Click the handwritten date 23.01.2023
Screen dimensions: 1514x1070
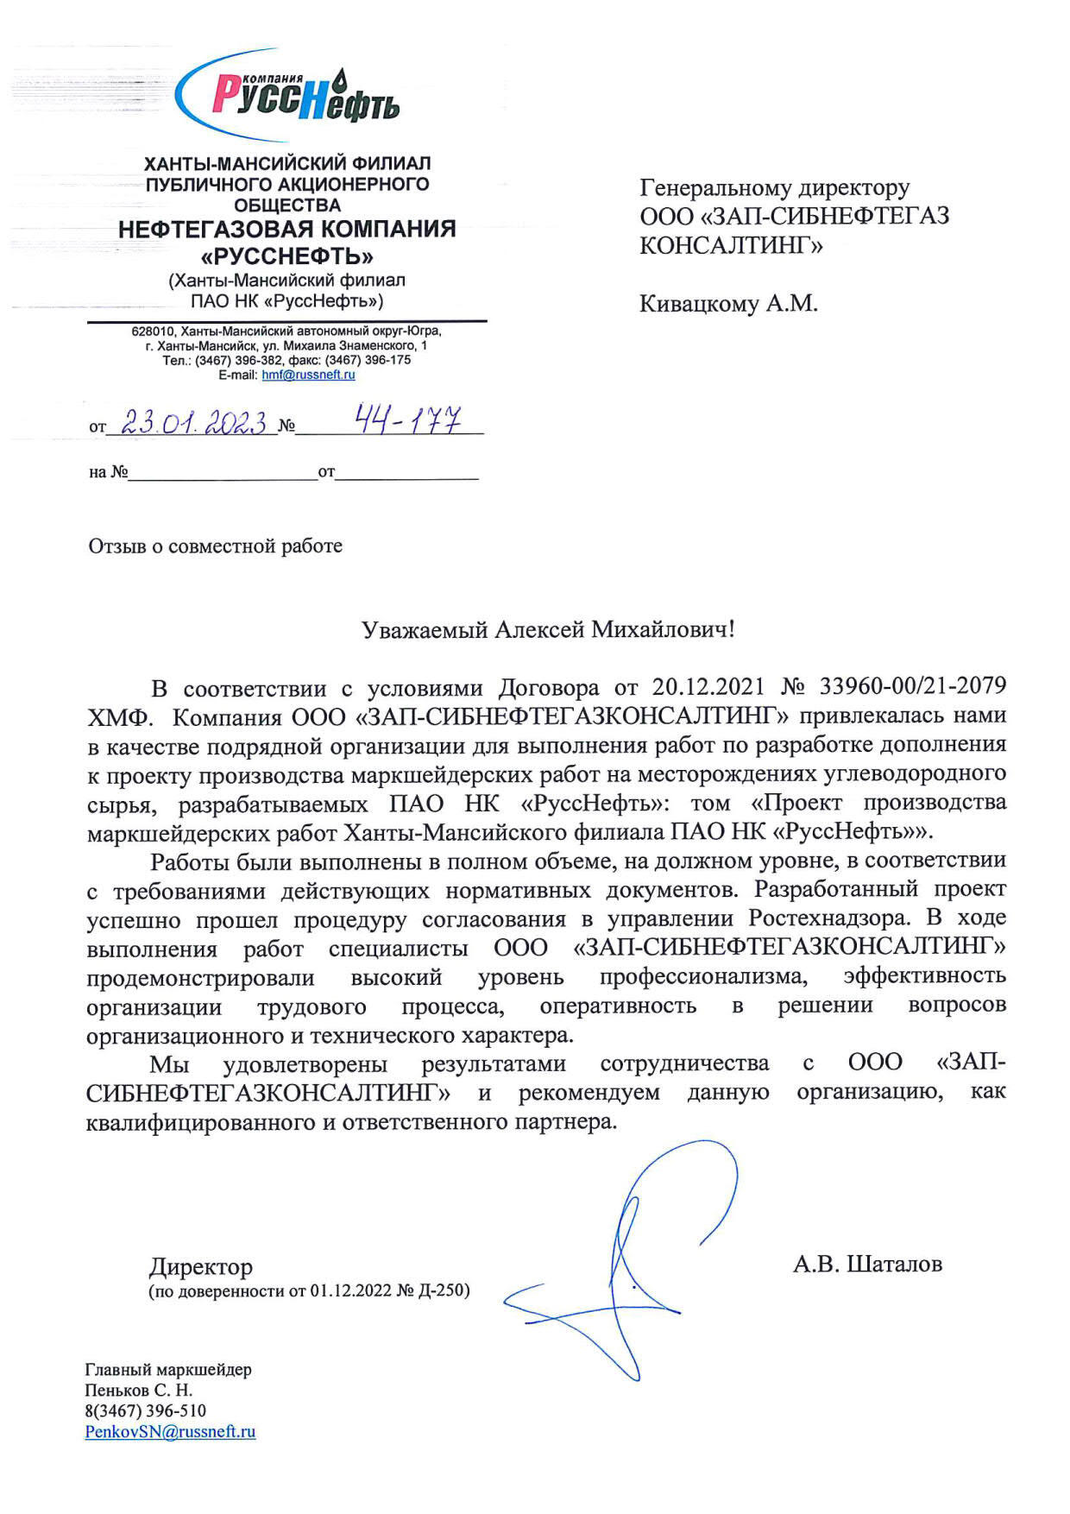[x=193, y=422]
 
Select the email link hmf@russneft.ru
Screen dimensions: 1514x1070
[x=308, y=375]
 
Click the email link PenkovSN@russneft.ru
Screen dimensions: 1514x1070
[x=170, y=1431]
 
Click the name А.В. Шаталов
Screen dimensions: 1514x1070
[x=867, y=1265]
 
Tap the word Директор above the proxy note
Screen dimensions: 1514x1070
[x=201, y=1266]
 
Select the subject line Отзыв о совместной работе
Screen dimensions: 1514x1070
[x=215, y=546]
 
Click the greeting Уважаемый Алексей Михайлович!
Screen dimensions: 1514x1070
[x=548, y=629]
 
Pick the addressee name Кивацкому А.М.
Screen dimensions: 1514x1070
[x=728, y=304]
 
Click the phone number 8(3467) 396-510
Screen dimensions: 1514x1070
[x=145, y=1410]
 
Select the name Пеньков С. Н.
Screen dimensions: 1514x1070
[x=138, y=1390]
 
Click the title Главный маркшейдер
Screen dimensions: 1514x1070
[x=168, y=1369]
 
